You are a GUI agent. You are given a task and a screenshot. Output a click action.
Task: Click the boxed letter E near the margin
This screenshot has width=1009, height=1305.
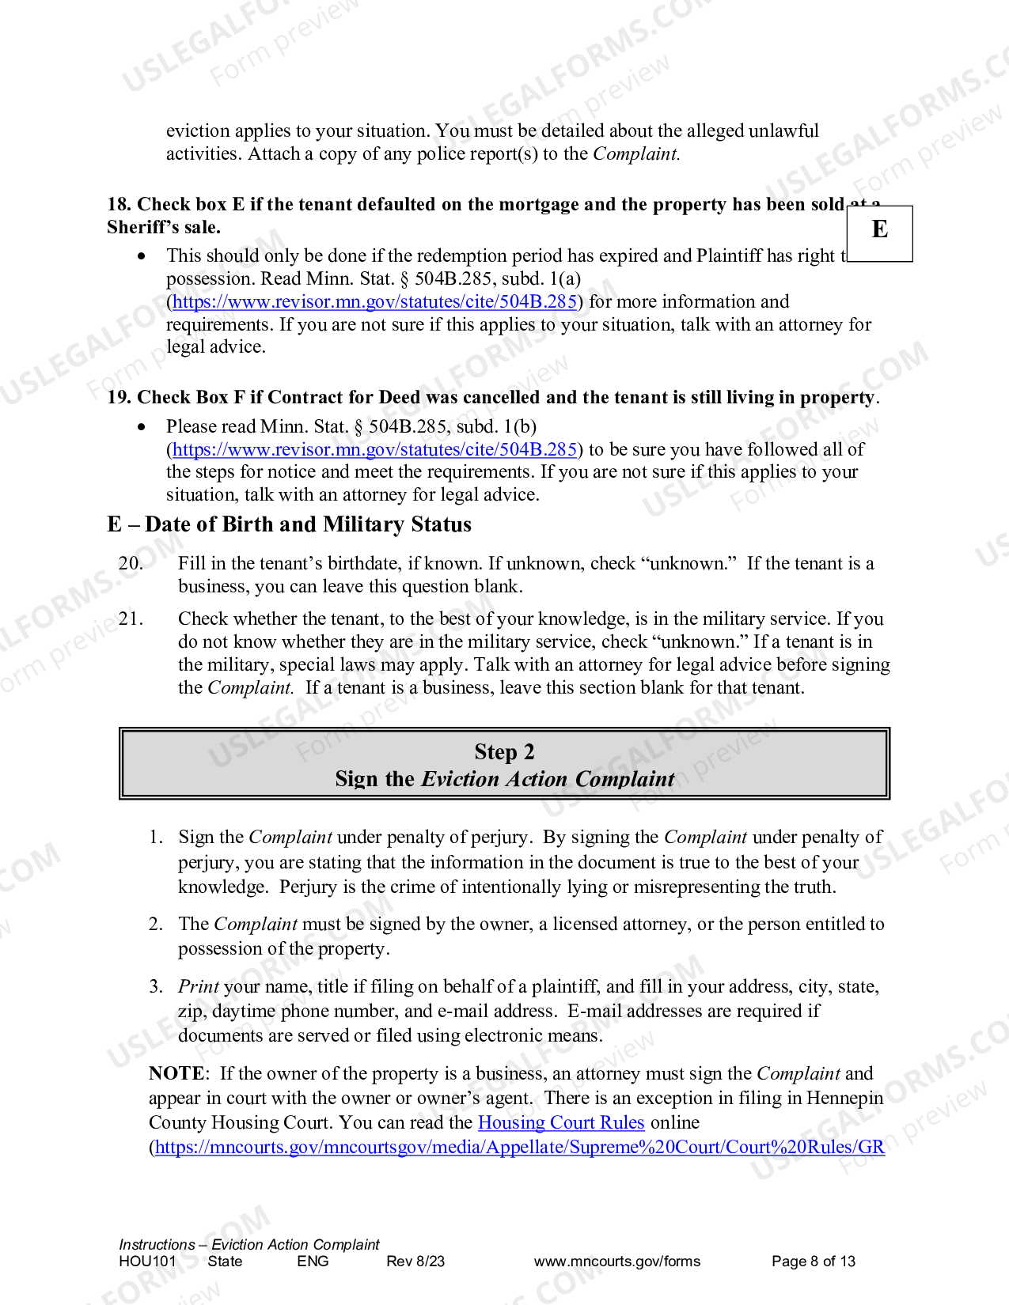pos(879,230)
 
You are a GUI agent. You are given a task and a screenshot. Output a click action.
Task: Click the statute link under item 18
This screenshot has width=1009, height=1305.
pos(374,301)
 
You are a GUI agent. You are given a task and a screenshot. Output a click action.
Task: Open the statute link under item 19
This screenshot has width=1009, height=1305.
pos(374,449)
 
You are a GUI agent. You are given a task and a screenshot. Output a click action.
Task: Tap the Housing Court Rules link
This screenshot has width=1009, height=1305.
pos(561,1122)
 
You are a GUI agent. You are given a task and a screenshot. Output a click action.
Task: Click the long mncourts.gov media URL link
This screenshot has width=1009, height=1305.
pos(519,1147)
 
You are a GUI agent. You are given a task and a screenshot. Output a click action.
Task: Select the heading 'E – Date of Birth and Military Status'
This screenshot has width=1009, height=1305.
pos(289,524)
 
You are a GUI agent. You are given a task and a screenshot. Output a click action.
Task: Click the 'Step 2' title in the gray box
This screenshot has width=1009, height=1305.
pos(504,751)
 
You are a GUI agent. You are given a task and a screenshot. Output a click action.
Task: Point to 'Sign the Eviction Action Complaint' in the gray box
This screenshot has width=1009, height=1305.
pos(504,779)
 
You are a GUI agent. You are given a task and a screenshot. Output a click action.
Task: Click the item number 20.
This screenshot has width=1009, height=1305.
pos(131,563)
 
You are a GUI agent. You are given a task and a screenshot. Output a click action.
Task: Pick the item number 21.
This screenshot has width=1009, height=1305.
pos(131,618)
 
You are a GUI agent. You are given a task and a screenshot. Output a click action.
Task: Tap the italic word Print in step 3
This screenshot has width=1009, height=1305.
pos(198,986)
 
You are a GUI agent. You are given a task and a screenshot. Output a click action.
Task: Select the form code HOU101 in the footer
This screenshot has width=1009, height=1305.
pos(147,1261)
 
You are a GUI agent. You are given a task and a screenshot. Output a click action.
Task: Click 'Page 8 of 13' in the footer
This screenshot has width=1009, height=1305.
pos(814,1261)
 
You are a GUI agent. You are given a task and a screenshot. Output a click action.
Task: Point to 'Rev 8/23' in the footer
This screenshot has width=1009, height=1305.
pos(415,1261)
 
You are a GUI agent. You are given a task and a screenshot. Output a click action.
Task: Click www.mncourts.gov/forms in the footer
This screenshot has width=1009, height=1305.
pos(617,1261)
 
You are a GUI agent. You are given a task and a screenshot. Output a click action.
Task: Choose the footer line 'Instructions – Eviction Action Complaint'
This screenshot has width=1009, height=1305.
pos(249,1244)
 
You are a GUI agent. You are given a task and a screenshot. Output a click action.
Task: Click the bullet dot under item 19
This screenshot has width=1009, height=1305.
pos(142,427)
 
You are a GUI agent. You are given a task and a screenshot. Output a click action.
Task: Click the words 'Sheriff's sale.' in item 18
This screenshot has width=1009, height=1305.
pos(164,228)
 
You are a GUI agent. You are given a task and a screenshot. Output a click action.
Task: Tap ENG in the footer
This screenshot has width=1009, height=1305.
pos(313,1261)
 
